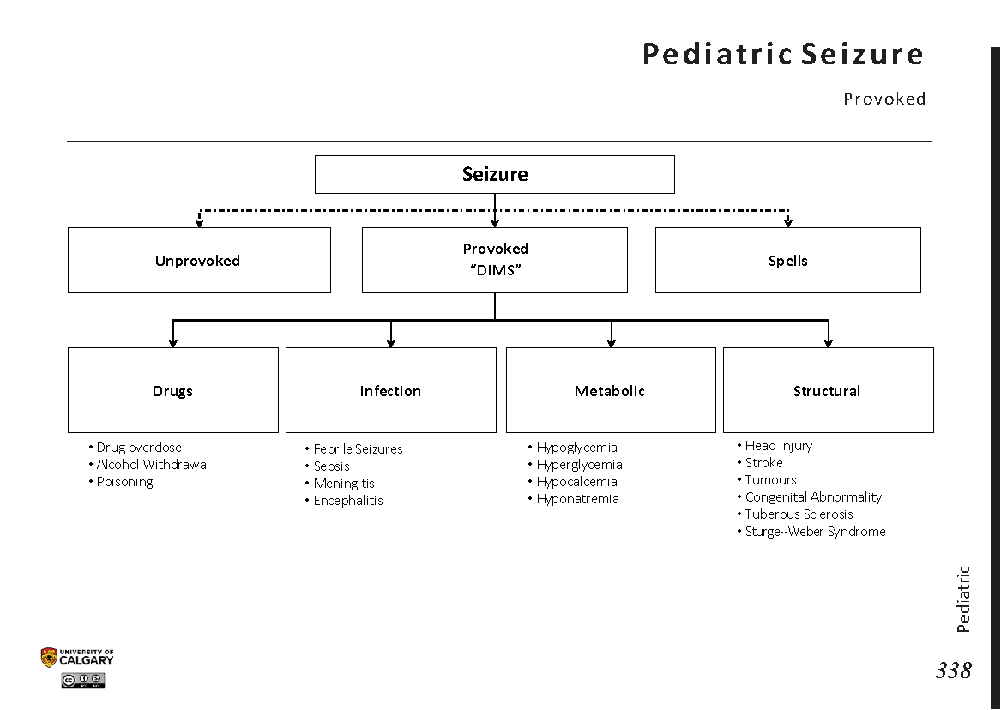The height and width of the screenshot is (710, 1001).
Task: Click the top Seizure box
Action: (495, 174)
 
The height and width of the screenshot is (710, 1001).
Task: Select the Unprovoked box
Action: (198, 261)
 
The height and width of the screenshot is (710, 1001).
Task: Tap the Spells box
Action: (787, 261)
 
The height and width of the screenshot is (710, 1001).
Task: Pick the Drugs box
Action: (172, 391)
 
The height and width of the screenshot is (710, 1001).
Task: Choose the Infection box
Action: (390, 391)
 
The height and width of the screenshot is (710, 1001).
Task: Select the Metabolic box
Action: (610, 391)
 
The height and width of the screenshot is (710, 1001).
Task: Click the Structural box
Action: (827, 391)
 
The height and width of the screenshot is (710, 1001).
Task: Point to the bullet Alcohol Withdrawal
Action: (153, 465)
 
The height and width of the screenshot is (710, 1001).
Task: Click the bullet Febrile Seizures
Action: (358, 449)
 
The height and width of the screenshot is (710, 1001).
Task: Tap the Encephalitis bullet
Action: (348, 501)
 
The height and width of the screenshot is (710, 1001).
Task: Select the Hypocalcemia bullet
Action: (576, 482)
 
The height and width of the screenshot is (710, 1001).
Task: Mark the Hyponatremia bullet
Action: (577, 499)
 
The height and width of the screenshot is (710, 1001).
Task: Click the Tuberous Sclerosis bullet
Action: (799, 514)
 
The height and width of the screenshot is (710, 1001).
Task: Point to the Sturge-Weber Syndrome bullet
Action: (815, 532)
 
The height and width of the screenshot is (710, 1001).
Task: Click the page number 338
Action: (954, 671)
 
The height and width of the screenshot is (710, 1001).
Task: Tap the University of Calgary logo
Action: (77, 658)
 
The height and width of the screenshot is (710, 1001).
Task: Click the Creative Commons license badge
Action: (83, 681)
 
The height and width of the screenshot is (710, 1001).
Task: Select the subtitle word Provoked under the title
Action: (884, 99)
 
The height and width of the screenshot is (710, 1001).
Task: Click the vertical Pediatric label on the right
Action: (963, 599)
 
